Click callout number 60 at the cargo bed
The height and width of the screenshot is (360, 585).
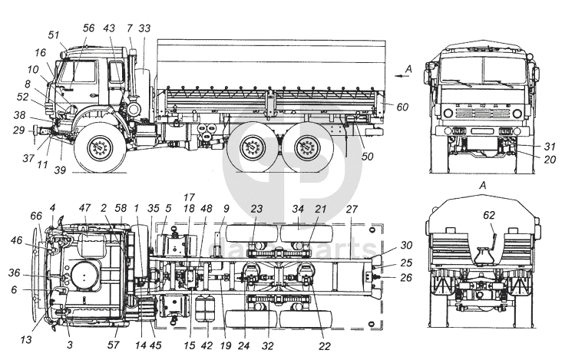[x=403, y=106]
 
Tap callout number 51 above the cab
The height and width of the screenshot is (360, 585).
[x=54, y=35]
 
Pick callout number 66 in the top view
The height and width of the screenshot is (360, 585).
[x=37, y=217]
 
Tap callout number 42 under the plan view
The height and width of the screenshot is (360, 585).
[x=206, y=346]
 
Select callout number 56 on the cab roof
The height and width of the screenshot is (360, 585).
[x=88, y=28]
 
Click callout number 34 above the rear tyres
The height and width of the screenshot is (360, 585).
[x=299, y=209]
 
